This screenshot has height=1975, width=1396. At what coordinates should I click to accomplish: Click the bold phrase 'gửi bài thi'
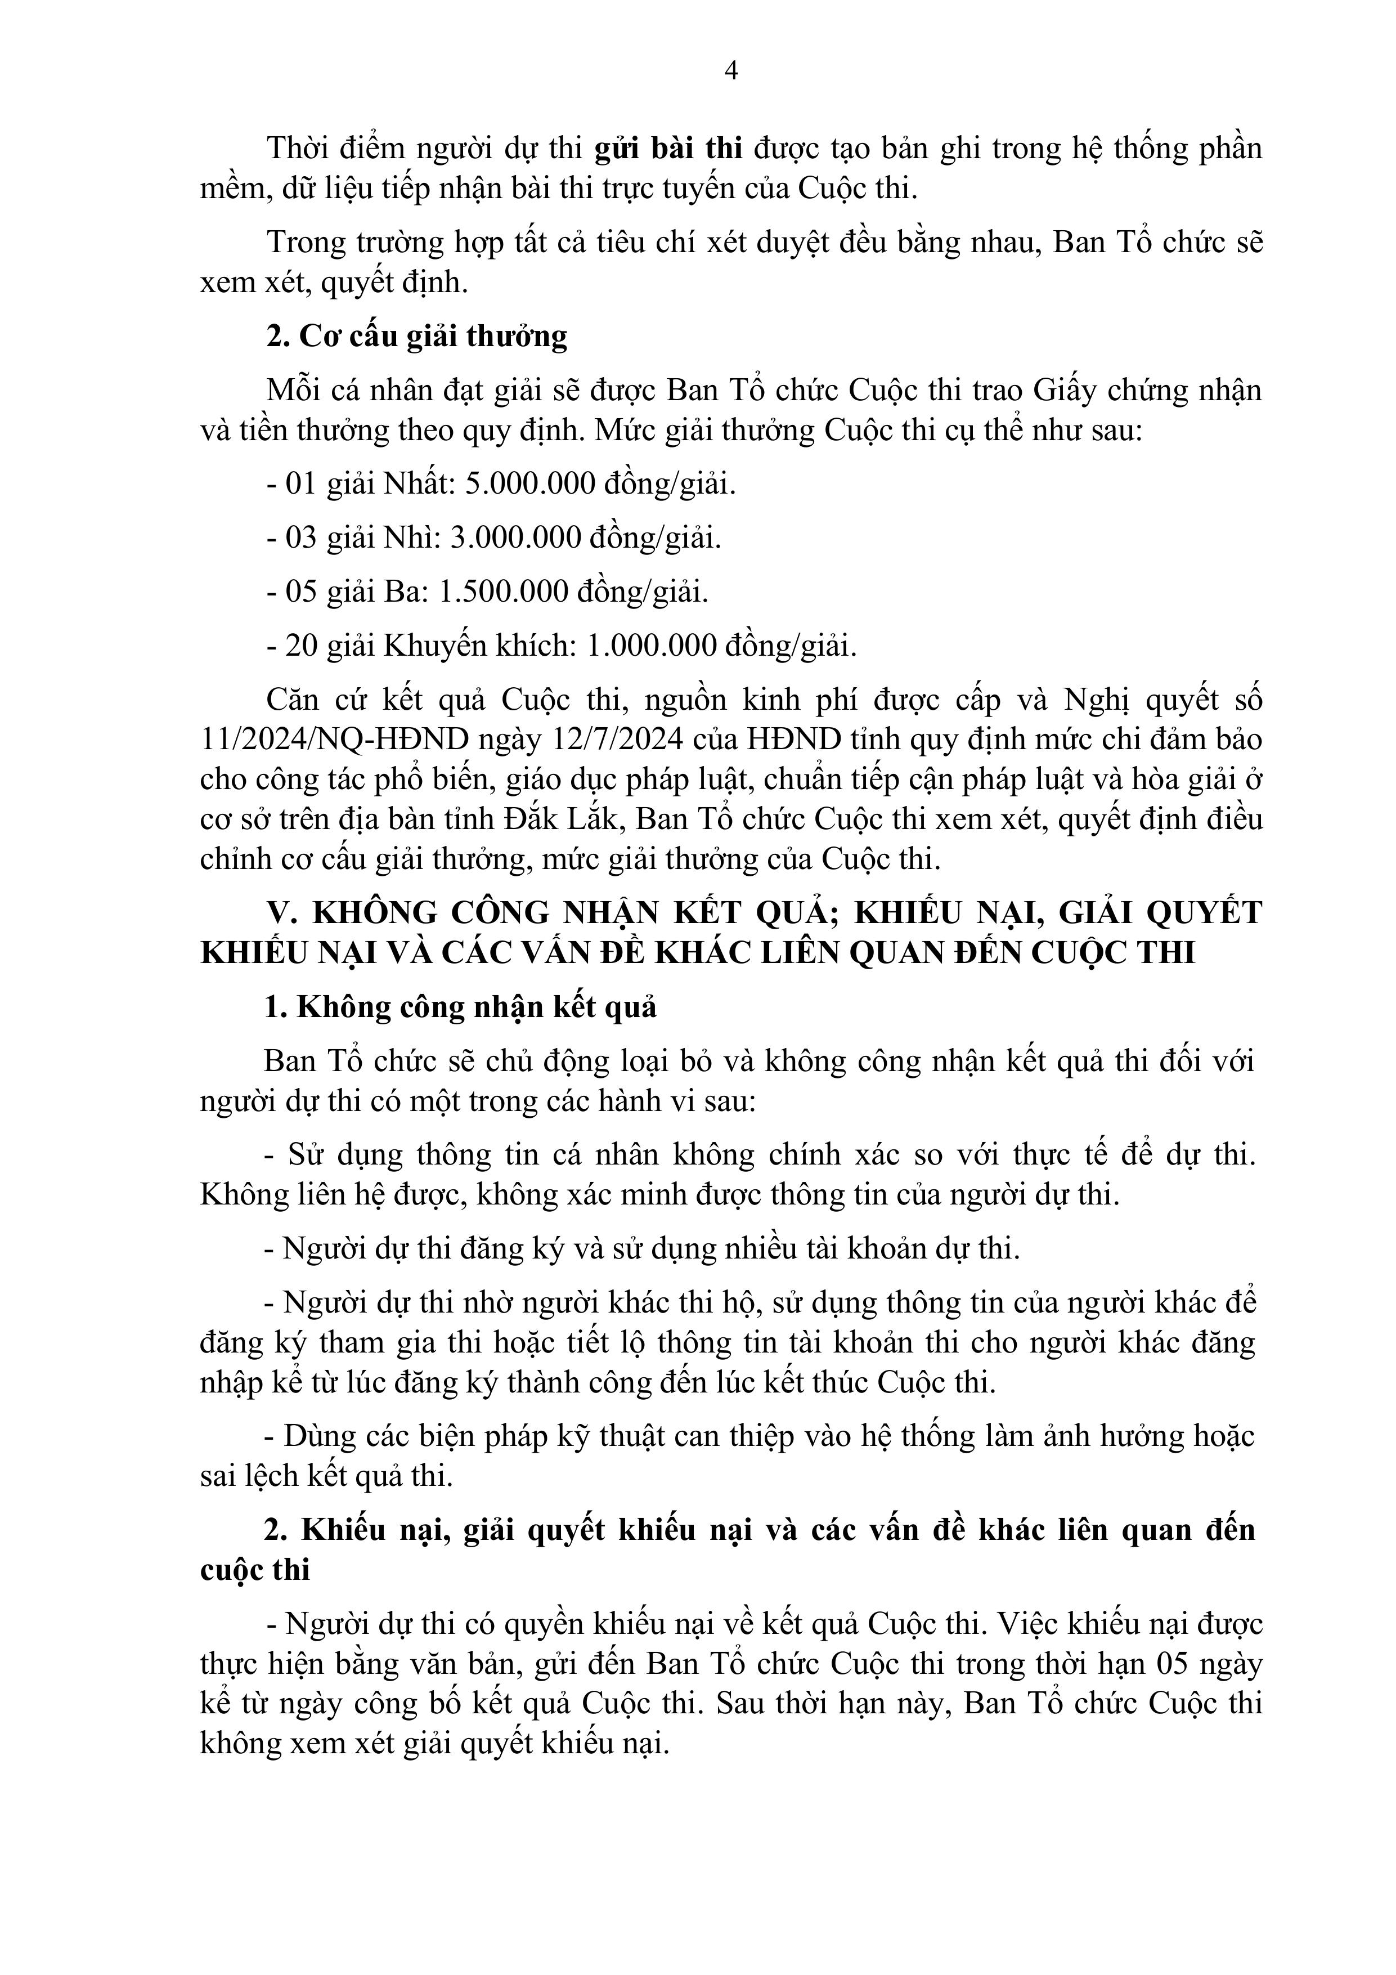668,149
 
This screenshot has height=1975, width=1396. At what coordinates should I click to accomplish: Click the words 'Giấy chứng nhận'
1147,391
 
